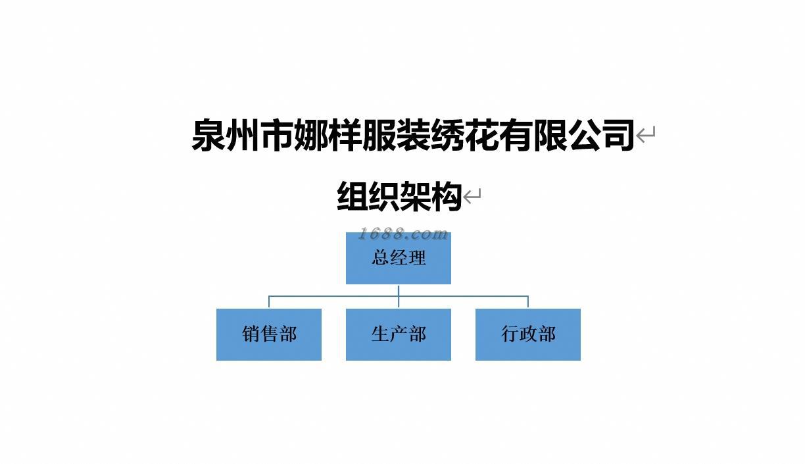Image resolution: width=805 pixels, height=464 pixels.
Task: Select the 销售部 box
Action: (268, 334)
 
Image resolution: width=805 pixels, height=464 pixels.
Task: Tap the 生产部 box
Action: (399, 334)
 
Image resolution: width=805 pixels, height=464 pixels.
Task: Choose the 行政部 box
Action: (528, 334)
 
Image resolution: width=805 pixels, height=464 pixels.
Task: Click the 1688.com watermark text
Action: (402, 234)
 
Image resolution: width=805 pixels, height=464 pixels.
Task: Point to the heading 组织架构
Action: (399, 196)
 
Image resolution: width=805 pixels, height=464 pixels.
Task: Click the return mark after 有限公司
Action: (646, 136)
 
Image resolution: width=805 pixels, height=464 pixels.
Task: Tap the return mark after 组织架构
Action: (473, 196)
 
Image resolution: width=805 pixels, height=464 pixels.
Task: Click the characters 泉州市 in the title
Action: (242, 135)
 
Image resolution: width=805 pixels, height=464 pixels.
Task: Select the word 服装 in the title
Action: (396, 135)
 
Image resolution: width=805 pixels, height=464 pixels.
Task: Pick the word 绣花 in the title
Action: (464, 135)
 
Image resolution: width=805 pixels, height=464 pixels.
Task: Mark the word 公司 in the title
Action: (601, 135)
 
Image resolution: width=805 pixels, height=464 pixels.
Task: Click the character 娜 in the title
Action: (310, 135)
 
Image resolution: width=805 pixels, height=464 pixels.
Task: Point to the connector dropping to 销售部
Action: (269, 302)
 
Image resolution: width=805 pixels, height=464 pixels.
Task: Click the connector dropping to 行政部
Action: (528, 302)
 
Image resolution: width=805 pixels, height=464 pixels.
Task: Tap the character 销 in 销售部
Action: (251, 334)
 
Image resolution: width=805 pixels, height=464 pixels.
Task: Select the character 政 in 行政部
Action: (529, 334)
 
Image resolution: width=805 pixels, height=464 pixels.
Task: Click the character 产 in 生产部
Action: (399, 334)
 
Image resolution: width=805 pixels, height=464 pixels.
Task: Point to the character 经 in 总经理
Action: (399, 257)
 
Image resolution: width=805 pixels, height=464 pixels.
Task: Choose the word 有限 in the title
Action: (533, 135)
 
